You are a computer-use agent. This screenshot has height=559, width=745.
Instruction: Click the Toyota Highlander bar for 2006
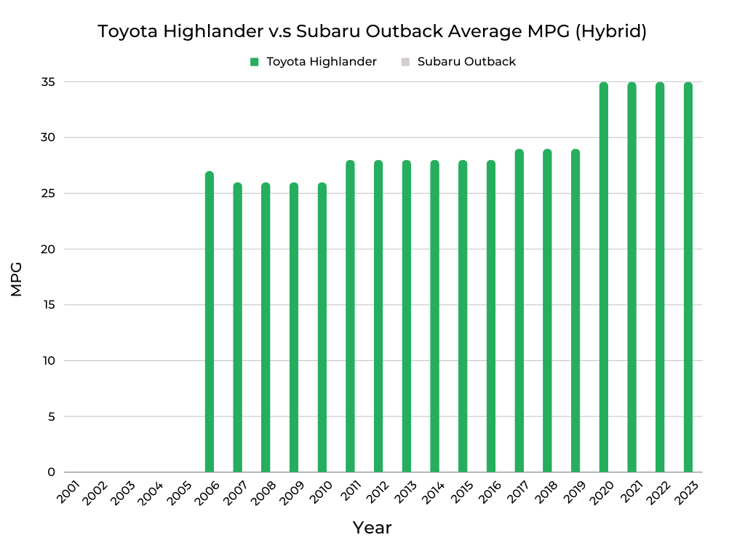(x=210, y=322)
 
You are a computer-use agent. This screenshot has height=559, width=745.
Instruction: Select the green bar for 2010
(x=322, y=328)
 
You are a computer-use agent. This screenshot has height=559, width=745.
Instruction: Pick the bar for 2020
(x=603, y=277)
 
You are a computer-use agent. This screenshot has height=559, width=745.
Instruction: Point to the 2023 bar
(x=688, y=277)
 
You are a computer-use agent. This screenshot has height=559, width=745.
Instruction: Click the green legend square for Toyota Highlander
(x=255, y=62)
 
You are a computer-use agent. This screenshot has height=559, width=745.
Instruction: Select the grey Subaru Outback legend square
(x=406, y=62)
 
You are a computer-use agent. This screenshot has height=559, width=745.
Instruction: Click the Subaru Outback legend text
(x=466, y=62)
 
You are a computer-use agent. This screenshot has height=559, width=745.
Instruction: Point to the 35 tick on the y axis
(x=48, y=82)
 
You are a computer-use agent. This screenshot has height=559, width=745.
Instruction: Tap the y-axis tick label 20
(x=48, y=250)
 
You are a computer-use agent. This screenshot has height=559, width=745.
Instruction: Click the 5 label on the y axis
(x=52, y=417)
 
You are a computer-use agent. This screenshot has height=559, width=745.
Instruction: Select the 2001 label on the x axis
(x=68, y=492)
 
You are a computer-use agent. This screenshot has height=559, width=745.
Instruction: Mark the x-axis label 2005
(x=180, y=492)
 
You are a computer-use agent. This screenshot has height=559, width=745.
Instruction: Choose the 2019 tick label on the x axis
(x=575, y=492)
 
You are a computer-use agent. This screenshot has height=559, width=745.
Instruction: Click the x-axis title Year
(x=372, y=528)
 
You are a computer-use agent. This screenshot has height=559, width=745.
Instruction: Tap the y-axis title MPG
(x=17, y=279)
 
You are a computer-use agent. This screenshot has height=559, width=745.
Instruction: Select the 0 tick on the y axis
(x=52, y=472)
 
